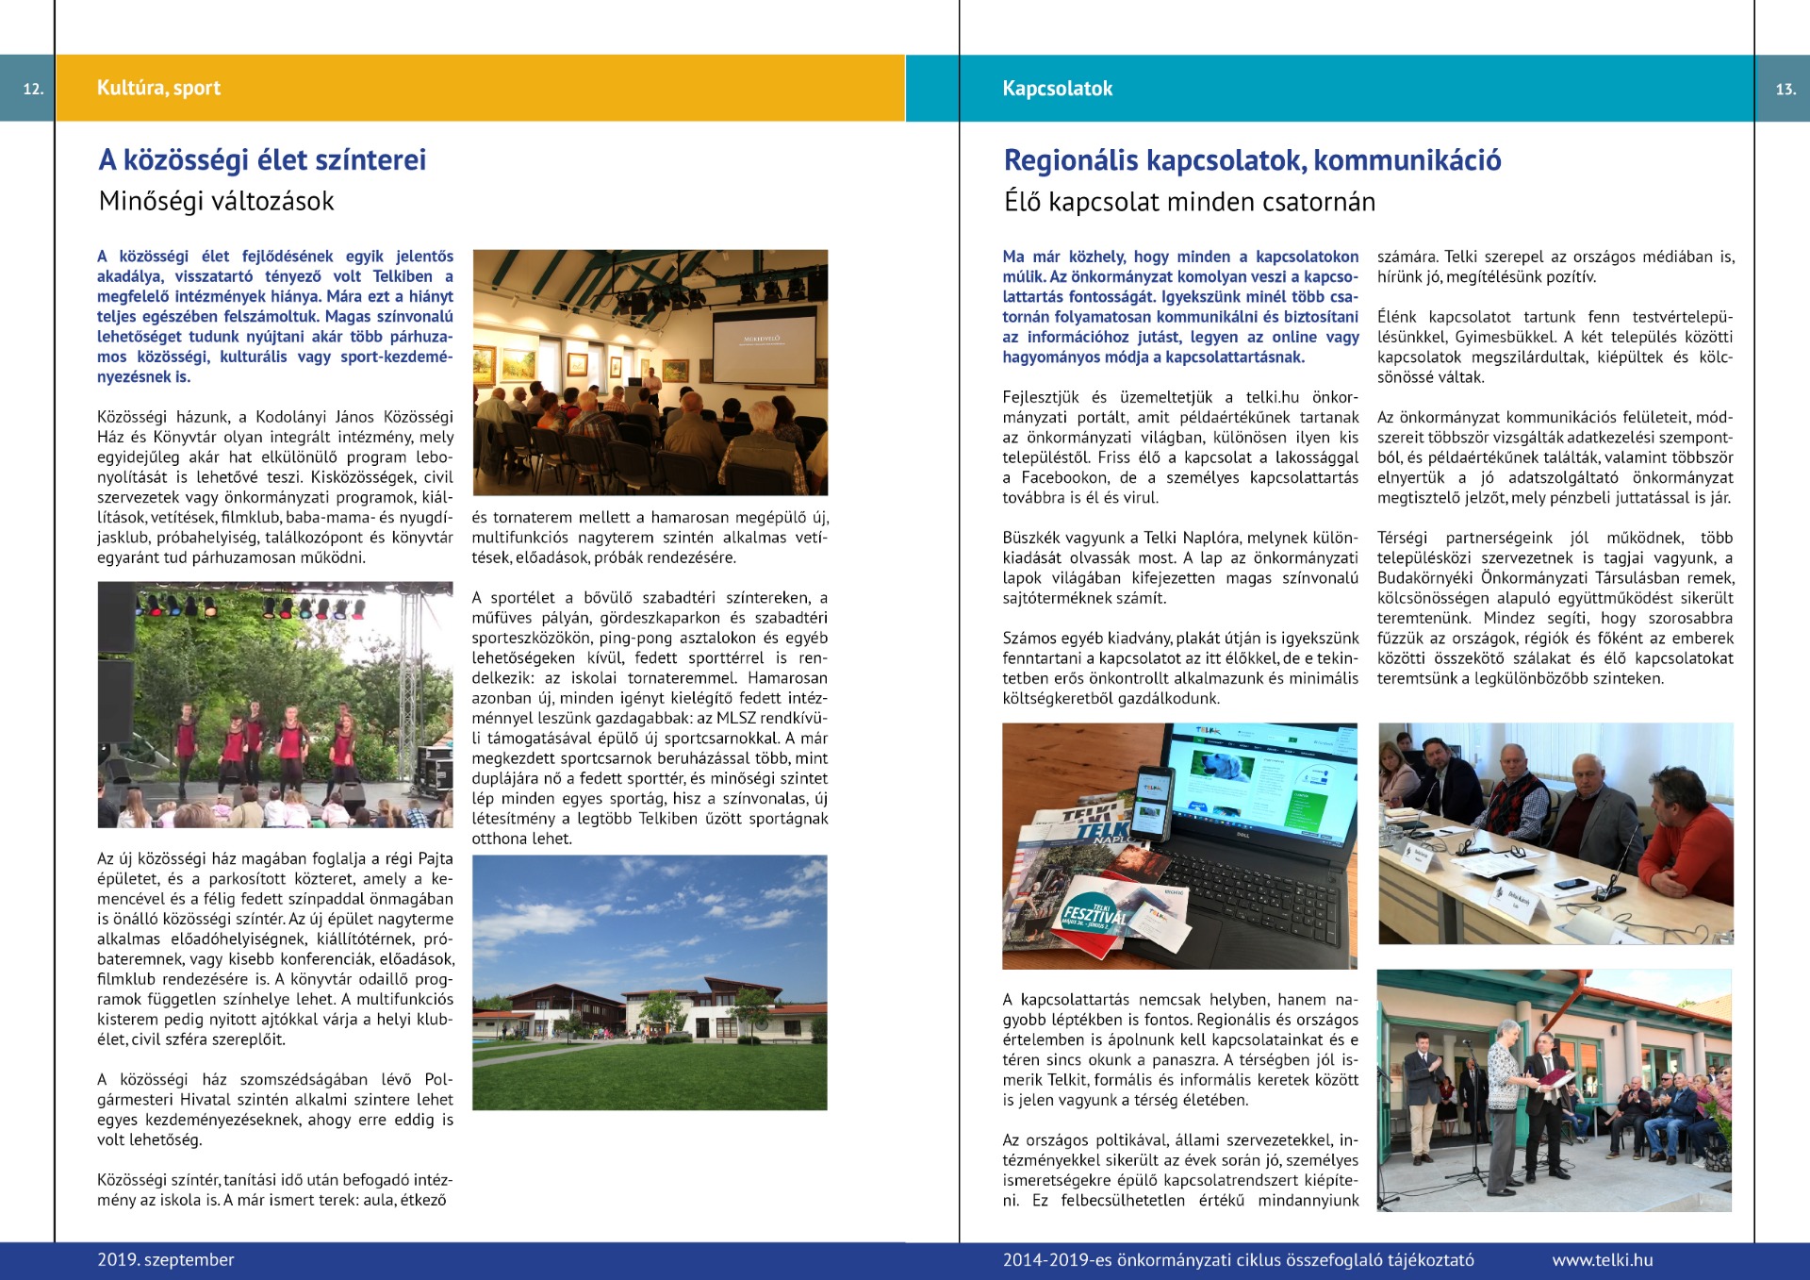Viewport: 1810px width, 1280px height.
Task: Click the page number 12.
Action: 33,89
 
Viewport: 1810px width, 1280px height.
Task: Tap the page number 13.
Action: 1785,89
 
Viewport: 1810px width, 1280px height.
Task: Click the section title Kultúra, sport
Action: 158,88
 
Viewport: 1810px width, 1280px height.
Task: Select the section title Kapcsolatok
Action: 1057,89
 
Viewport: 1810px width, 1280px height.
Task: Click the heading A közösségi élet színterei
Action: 262,159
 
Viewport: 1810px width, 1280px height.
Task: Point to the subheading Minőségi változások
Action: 216,201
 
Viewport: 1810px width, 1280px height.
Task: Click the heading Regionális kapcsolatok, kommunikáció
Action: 1252,160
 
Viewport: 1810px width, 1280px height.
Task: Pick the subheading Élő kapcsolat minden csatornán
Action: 1189,202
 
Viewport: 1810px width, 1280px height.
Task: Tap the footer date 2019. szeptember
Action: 166,1259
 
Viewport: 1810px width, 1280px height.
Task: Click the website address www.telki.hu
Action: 1603,1259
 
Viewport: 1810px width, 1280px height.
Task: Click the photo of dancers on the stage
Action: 274,705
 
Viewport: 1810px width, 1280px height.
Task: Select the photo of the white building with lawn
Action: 650,982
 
